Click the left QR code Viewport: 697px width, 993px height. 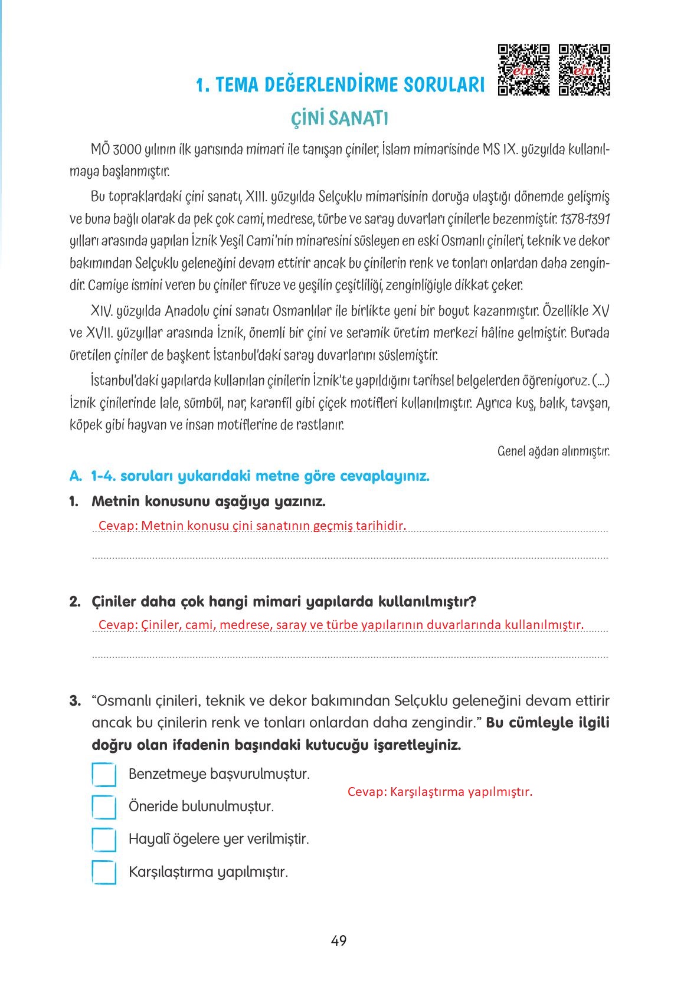tap(524, 70)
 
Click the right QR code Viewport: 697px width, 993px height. tap(584, 70)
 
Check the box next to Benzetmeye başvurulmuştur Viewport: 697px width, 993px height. tap(104, 775)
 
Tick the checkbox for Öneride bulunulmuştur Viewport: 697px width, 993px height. tap(104, 807)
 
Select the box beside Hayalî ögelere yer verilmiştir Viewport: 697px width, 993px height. tap(104, 840)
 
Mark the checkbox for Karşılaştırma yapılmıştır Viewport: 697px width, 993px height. tap(104, 872)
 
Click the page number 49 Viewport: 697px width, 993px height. tap(339, 940)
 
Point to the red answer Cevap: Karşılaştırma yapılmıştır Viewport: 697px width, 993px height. tap(440, 792)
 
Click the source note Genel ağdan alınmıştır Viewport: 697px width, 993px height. tap(553, 451)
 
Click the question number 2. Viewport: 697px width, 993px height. tap(74, 602)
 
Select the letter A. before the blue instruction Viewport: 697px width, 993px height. tap(74, 476)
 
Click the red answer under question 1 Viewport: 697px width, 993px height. tap(252, 526)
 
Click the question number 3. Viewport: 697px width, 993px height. tap(74, 701)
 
